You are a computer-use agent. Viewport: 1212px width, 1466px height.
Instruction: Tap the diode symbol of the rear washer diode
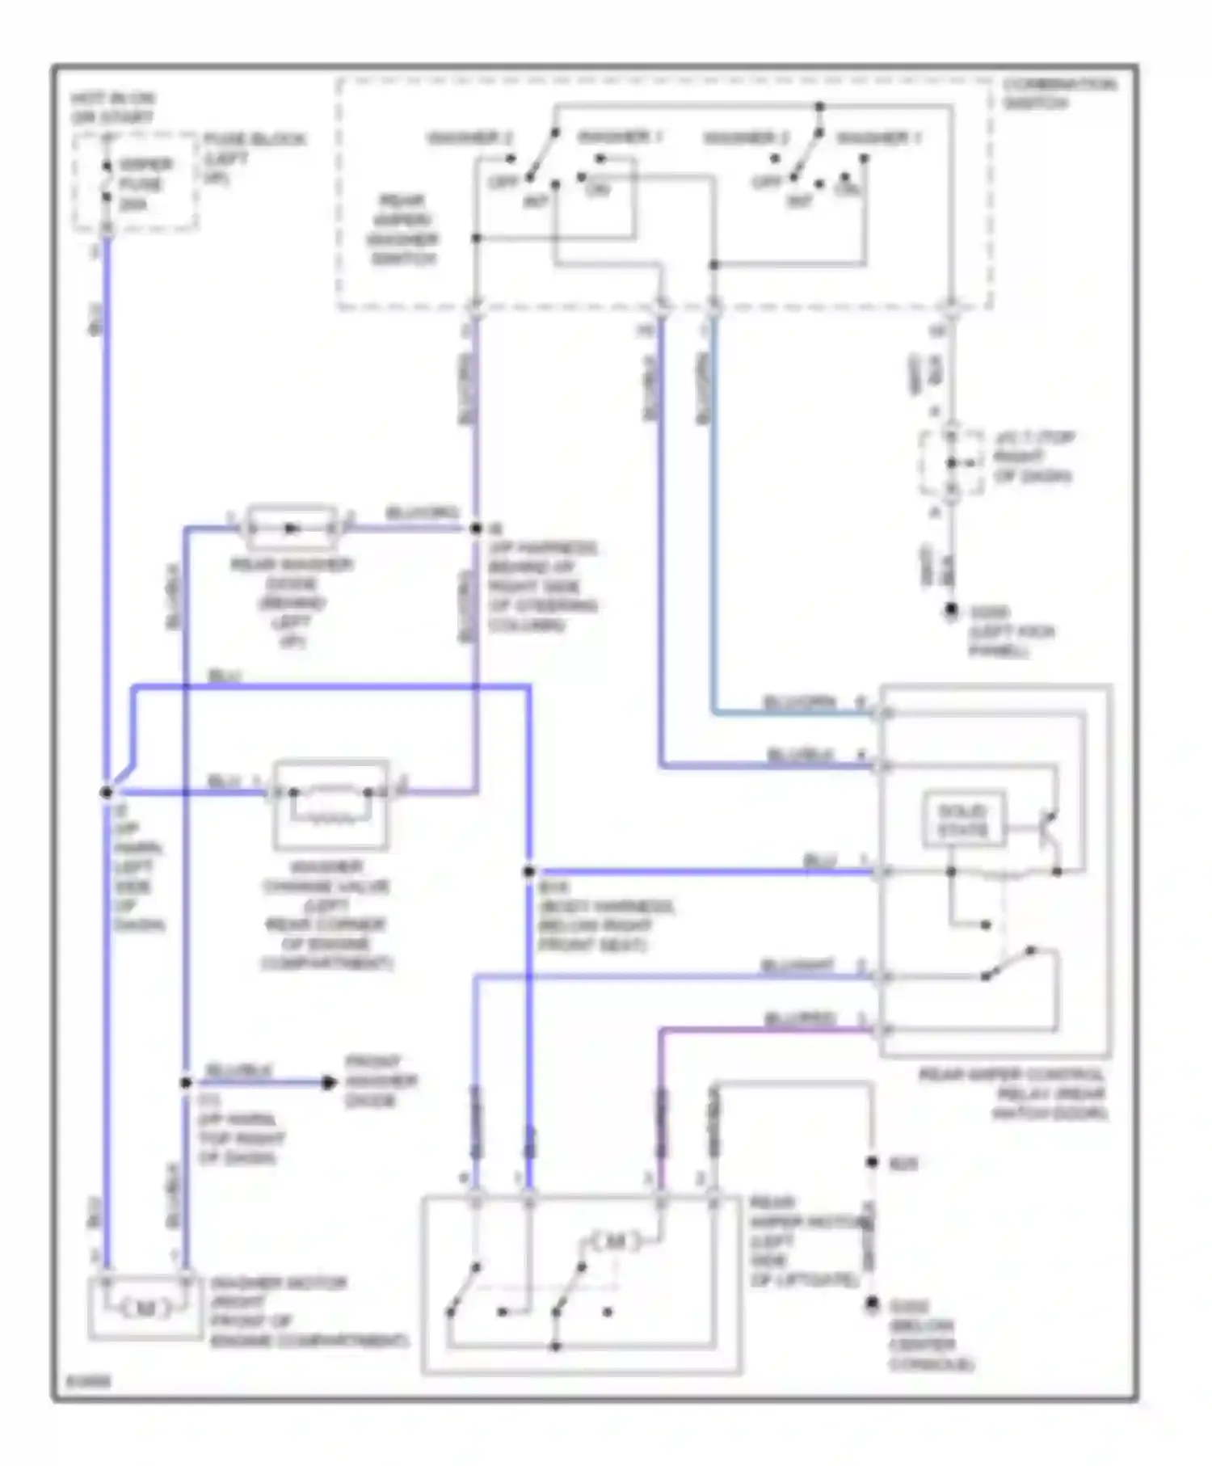click(x=292, y=529)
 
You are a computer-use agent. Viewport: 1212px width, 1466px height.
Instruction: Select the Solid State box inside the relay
click(x=963, y=820)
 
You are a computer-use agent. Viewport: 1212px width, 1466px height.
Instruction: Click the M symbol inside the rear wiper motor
click(x=616, y=1241)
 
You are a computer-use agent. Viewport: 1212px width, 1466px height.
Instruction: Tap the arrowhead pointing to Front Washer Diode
click(x=328, y=1082)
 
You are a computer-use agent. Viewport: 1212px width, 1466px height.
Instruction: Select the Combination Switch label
click(x=1058, y=94)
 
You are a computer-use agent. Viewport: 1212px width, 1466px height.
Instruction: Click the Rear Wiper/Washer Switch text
click(x=402, y=230)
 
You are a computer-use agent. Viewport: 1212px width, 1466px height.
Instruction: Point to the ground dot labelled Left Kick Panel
click(x=952, y=610)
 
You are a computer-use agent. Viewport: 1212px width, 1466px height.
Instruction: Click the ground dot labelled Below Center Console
click(x=873, y=1304)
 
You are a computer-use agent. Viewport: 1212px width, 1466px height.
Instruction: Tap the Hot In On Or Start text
click(x=113, y=107)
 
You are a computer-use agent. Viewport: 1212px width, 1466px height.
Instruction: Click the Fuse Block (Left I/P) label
click(x=253, y=158)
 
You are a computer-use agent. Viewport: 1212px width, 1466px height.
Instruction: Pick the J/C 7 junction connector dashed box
click(x=952, y=463)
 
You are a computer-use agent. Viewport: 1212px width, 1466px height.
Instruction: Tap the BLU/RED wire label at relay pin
click(x=799, y=1019)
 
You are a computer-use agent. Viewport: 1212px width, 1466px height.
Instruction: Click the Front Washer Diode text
click(x=381, y=1081)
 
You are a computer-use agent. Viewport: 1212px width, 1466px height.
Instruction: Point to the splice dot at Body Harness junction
click(x=529, y=871)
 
